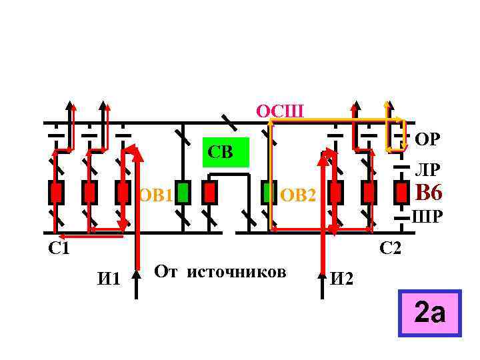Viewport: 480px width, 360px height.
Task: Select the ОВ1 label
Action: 156,195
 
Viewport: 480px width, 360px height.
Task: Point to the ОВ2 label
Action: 300,196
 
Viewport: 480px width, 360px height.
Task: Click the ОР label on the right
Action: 426,139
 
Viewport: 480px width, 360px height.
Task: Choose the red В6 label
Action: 428,193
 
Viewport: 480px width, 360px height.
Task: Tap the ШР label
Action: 426,217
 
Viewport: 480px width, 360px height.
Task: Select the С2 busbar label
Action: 390,249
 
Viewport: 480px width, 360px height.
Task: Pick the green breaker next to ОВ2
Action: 269,192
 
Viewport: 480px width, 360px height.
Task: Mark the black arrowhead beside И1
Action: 136,275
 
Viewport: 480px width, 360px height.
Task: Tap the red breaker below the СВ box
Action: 210,192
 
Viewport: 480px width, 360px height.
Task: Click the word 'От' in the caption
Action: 167,272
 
